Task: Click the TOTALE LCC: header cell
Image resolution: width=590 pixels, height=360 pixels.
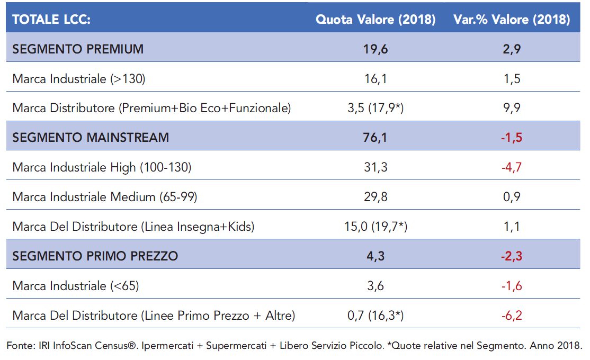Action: pyautogui.click(x=51, y=20)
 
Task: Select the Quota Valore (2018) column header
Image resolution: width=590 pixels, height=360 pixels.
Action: pyautogui.click(x=376, y=20)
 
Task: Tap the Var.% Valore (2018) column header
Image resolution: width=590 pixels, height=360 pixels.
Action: pyautogui.click(x=511, y=20)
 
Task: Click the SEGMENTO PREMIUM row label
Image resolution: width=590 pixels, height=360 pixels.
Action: pyautogui.click(x=78, y=49)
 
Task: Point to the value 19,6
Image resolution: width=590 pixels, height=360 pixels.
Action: pyautogui.click(x=376, y=49)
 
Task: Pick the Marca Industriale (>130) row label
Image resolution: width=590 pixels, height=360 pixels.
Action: pyautogui.click(x=79, y=79)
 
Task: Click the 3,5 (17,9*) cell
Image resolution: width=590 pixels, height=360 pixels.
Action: pyautogui.click(x=376, y=109)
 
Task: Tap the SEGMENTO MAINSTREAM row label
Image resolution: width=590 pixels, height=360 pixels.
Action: pyautogui.click(x=91, y=138)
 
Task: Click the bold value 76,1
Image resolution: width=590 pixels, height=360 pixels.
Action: pyautogui.click(x=376, y=138)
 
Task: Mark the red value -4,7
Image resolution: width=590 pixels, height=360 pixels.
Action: pyautogui.click(x=511, y=167)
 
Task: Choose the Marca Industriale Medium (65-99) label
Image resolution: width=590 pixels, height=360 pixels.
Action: pyautogui.click(x=105, y=197)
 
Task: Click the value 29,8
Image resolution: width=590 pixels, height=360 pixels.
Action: pyautogui.click(x=376, y=197)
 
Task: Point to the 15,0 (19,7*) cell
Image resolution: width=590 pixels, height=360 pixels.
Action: pyautogui.click(x=376, y=227)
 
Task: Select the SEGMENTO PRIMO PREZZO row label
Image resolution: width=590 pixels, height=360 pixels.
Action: pyautogui.click(x=95, y=256)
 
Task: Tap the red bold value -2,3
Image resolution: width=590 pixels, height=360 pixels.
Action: pyautogui.click(x=511, y=256)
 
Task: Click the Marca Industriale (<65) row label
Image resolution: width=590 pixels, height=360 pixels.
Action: pyautogui.click(x=76, y=286)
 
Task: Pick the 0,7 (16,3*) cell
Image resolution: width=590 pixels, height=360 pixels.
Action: pyautogui.click(x=376, y=316)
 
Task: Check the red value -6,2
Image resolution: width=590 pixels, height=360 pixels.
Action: pyautogui.click(x=511, y=316)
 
